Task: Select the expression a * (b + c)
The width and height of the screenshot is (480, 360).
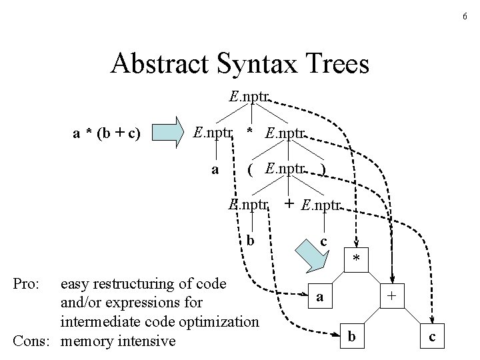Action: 106,133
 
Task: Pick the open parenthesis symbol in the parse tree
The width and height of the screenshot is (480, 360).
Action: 250,169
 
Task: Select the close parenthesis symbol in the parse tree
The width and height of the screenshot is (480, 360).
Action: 323,169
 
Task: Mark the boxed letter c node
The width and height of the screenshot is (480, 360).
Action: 432,337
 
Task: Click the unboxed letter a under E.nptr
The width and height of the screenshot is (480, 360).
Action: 215,169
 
